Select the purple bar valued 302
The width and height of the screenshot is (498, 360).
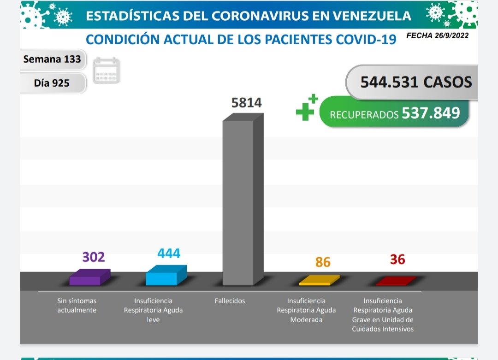pyautogui.click(x=89, y=277)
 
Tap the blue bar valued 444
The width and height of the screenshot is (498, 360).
pyautogui.click(x=166, y=276)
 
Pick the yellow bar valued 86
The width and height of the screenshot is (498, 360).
pyautogui.click(x=319, y=280)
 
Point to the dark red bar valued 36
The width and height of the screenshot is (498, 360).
pyautogui.click(x=395, y=281)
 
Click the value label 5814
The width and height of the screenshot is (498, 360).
pyautogui.click(x=247, y=102)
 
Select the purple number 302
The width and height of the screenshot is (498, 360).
pyautogui.click(x=94, y=257)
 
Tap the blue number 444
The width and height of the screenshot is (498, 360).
pyautogui.click(x=169, y=253)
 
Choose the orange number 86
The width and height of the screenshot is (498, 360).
pyautogui.click(x=323, y=262)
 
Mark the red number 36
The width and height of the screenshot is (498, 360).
pyautogui.click(x=397, y=260)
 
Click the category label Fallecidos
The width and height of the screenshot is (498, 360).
pyautogui.click(x=230, y=301)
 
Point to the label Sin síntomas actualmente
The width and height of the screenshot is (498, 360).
pyautogui.click(x=77, y=306)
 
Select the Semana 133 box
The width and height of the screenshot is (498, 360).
pyautogui.click(x=52, y=59)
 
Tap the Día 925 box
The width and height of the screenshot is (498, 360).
pyautogui.click(x=52, y=83)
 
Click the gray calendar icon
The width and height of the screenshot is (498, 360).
pyautogui.click(x=106, y=71)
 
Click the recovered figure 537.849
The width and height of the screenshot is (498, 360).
pyautogui.click(x=431, y=113)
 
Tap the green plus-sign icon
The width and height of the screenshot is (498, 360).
pyautogui.click(x=307, y=107)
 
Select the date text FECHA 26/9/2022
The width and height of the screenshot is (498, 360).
pyautogui.click(x=437, y=35)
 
